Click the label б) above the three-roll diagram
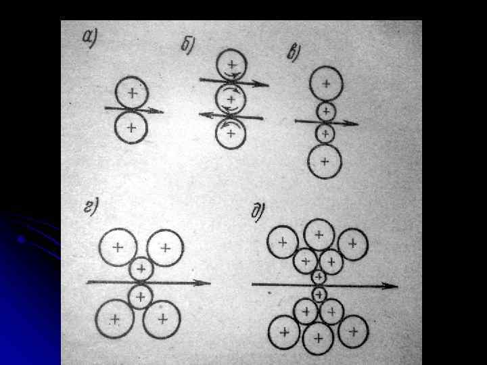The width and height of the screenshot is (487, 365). (188, 45)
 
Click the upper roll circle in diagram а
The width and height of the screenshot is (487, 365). (132, 93)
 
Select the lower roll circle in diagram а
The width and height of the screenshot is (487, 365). (131, 127)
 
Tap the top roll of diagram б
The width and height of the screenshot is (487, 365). (232, 65)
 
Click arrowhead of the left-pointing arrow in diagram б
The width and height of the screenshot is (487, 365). (203, 115)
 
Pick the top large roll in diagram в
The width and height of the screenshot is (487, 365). (326, 84)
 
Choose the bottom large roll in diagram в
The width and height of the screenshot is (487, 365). (325, 162)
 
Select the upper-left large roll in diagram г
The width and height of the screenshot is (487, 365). (118, 247)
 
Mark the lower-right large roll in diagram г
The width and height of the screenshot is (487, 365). (162, 318)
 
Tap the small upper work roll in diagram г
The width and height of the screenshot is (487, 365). (141, 270)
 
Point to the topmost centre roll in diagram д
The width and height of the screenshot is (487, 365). (318, 235)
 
